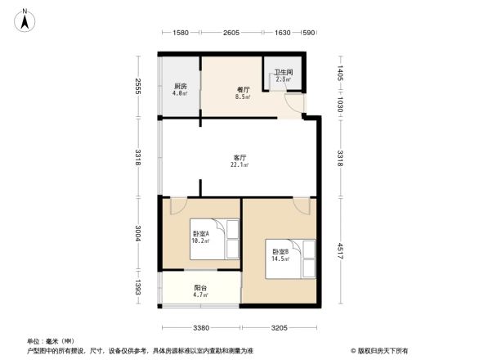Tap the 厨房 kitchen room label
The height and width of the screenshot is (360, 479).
point(180,86)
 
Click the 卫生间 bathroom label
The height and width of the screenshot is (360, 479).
point(283,72)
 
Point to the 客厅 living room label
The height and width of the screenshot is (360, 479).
point(240,156)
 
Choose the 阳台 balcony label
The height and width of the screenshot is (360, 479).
point(200,287)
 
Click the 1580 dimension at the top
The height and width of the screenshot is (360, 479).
point(181,33)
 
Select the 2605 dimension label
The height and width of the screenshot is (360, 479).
point(231,33)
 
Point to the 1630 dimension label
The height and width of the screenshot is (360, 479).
point(282,33)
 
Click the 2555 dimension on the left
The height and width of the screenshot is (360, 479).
point(139,86)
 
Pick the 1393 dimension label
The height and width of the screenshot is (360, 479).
point(139,286)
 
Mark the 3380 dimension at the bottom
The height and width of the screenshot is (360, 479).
point(202,329)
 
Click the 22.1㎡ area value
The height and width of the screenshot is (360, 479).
point(240,165)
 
